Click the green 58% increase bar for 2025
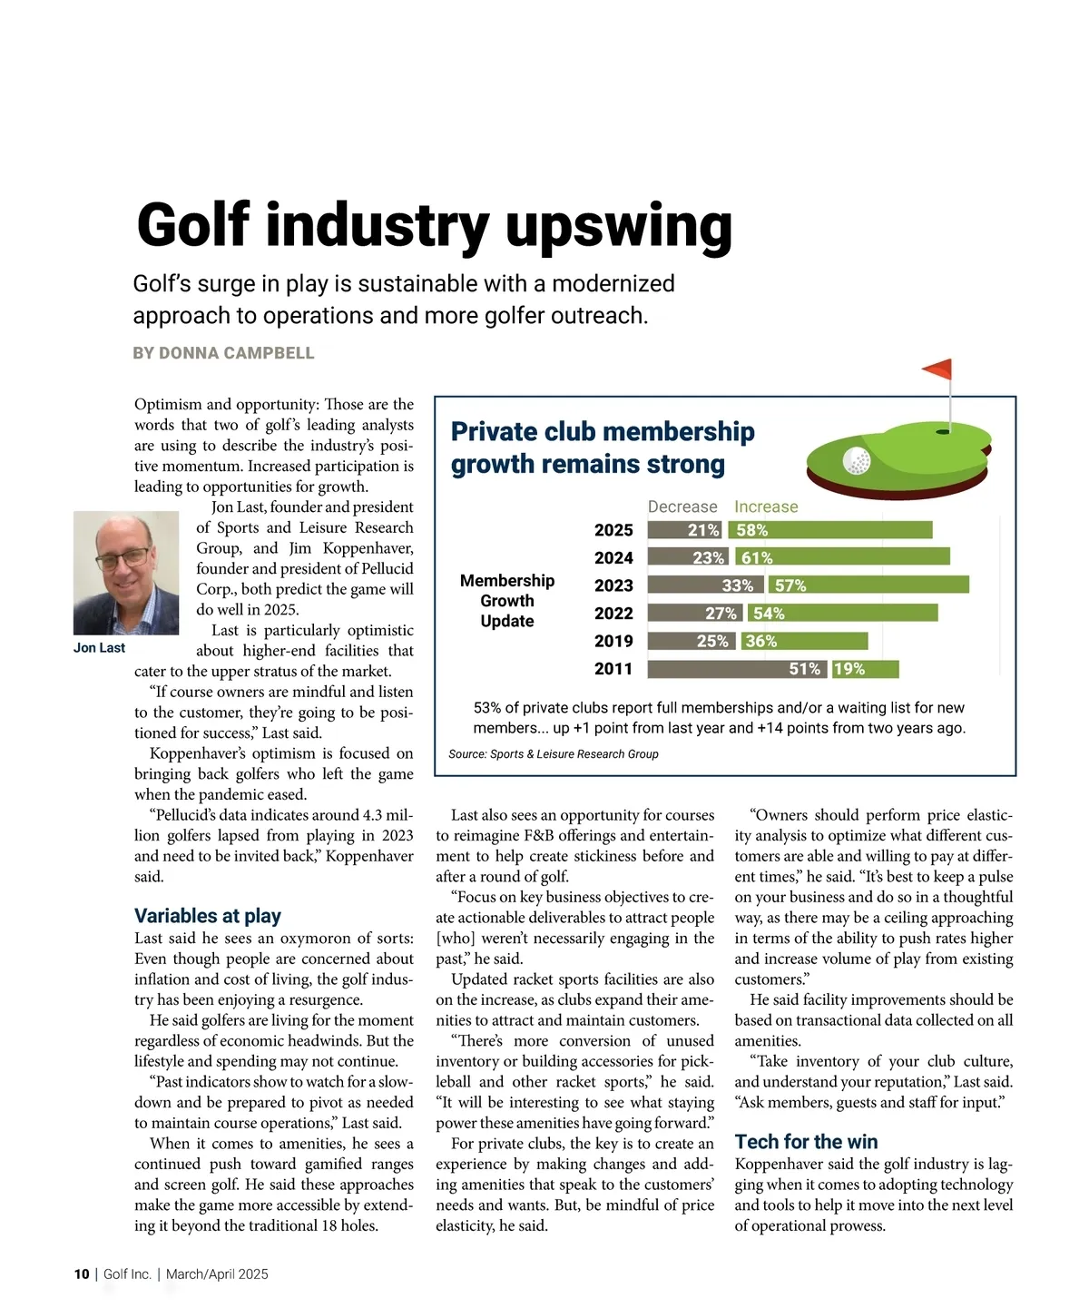[829, 530]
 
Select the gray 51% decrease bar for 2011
[736, 669]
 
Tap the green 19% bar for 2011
[865, 669]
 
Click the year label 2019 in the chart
[613, 641]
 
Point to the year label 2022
[613, 614]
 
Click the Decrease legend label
[682, 506]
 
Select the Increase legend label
[766, 506]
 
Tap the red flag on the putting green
[938, 369]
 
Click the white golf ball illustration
[857, 461]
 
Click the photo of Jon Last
[126, 573]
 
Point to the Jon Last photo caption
[99, 648]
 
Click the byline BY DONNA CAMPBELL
[223, 353]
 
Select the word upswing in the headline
[619, 227]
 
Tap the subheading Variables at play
[208, 915]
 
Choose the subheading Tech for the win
[806, 1141]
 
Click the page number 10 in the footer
[82, 1274]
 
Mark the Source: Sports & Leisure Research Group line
[553, 754]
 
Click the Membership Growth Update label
[507, 601]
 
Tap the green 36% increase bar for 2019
[804, 641]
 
